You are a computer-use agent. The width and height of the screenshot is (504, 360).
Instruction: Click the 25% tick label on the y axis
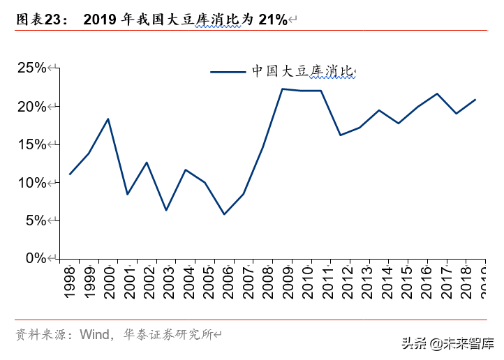click(x=31, y=68)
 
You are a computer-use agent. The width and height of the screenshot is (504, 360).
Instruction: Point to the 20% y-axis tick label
click(x=31, y=106)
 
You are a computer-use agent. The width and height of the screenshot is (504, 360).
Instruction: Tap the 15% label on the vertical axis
click(x=31, y=144)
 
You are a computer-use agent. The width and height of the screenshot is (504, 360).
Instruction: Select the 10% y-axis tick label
click(x=31, y=182)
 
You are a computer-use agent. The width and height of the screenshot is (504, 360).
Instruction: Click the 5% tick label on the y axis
click(x=35, y=220)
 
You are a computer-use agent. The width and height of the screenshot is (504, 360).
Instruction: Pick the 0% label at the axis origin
click(x=35, y=258)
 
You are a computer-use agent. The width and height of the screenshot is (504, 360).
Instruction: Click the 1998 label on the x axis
click(x=69, y=283)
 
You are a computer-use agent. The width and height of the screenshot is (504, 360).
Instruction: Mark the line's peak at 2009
click(x=282, y=89)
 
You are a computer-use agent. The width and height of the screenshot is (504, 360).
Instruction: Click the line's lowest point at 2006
click(x=224, y=214)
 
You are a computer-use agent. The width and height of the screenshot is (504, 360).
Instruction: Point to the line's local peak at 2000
click(x=108, y=119)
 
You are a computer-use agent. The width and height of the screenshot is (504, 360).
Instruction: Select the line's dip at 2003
click(x=166, y=210)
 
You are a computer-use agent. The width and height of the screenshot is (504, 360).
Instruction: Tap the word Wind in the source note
click(x=94, y=334)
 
